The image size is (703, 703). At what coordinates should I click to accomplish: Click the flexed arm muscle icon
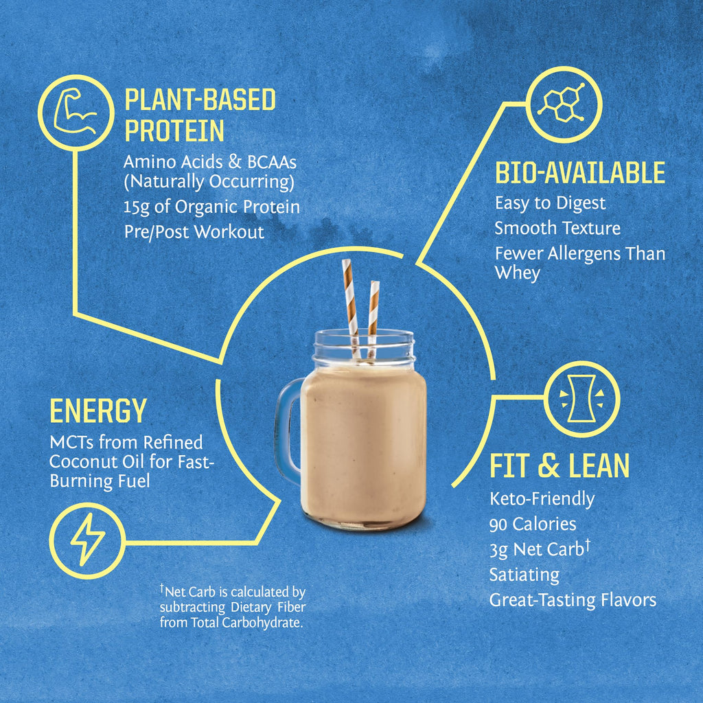click(74, 112)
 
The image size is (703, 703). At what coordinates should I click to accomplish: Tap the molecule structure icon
click(563, 104)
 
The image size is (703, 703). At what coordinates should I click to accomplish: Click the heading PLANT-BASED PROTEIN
click(199, 115)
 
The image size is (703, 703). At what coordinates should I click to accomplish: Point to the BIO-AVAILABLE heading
click(580, 174)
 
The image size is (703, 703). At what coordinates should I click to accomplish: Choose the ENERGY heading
click(98, 411)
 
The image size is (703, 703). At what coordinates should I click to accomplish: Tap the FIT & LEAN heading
click(559, 465)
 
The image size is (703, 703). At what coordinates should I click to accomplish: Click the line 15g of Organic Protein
click(211, 207)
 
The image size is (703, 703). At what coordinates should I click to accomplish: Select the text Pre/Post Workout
click(194, 232)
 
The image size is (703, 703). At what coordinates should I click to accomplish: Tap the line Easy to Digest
click(550, 203)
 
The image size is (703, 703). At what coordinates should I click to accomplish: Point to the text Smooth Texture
click(557, 228)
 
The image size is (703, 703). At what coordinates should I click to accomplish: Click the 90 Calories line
click(533, 525)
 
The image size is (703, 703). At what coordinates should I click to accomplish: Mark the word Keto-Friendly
click(542, 499)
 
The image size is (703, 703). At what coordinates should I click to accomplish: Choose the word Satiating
click(524, 575)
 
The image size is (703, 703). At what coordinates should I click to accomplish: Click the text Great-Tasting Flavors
click(573, 600)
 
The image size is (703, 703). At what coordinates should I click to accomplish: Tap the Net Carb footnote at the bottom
click(232, 607)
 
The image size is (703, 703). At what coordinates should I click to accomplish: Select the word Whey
click(517, 273)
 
